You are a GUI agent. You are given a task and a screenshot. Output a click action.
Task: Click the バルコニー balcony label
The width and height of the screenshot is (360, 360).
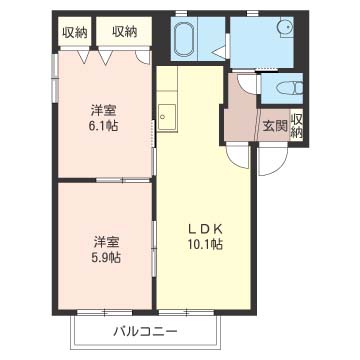[145, 331]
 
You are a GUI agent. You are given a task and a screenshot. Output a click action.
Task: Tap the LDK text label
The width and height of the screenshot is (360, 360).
[205, 229]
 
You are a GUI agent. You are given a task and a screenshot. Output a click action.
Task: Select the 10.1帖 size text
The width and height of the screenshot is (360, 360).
[205, 245]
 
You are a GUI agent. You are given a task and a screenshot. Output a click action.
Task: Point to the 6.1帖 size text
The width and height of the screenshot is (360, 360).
[105, 126]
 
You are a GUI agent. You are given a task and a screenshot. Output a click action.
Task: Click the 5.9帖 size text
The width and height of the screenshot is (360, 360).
[107, 257]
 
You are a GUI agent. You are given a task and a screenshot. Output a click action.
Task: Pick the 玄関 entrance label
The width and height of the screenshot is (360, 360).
[275, 126]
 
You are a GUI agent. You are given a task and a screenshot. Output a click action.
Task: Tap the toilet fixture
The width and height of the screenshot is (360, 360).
[290, 89]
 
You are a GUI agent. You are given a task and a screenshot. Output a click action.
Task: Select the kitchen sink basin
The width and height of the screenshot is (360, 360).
[167, 117]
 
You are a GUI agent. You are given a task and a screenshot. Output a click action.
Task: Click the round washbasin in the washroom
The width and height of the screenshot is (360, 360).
[286, 27]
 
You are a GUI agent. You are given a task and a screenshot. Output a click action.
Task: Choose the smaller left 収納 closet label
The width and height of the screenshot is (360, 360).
[75, 33]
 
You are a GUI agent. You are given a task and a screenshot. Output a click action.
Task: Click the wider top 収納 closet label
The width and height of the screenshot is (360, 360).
[125, 32]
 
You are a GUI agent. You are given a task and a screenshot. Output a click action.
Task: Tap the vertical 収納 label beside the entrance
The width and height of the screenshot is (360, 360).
[296, 126]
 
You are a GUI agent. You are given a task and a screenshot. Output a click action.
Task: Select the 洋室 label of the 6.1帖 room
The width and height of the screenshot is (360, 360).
[105, 110]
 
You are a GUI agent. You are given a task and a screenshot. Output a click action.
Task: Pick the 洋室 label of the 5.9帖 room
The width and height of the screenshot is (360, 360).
[107, 242]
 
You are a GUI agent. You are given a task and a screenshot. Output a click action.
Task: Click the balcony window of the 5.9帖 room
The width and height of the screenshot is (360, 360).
[105, 313]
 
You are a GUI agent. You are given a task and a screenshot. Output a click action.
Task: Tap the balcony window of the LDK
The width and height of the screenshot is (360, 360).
[186, 313]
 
